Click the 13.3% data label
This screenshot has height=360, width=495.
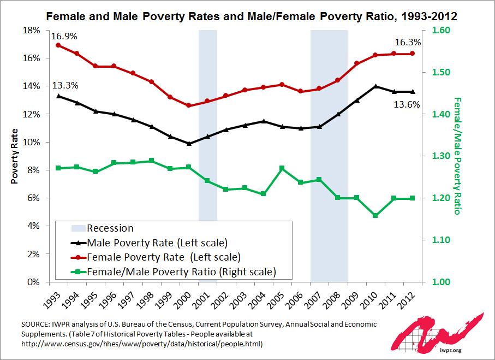point(65,85)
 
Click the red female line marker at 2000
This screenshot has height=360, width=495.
point(189,105)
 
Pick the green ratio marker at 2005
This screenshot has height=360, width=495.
point(282,168)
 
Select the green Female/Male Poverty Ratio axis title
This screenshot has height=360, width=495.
point(457,156)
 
